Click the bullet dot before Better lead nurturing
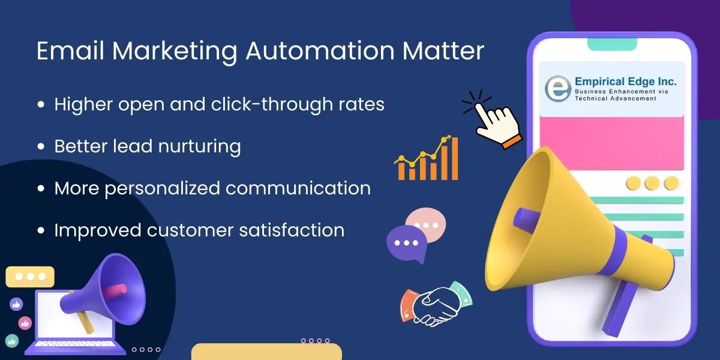tap(41, 147)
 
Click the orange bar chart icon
tap(427, 160)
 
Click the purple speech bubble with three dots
tap(406, 242)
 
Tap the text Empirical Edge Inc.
tap(625, 82)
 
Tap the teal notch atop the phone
tap(612, 43)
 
